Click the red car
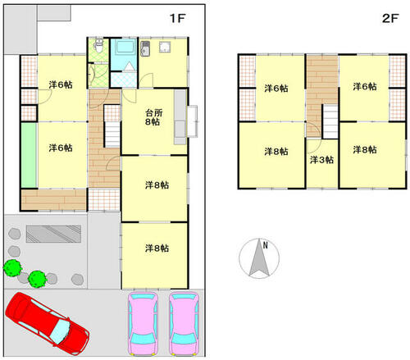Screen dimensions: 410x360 tap(47, 323)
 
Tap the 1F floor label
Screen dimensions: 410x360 tap(178, 18)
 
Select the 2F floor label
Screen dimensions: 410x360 tap(390, 18)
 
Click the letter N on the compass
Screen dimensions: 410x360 tap(265, 245)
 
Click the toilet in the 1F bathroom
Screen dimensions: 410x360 tap(98, 45)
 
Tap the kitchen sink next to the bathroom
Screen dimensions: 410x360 tap(145, 48)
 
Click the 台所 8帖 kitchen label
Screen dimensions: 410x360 tap(153, 117)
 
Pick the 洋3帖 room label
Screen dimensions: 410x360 tap(321, 160)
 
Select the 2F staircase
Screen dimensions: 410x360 tap(330, 121)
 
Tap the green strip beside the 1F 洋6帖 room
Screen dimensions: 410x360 tap(29, 155)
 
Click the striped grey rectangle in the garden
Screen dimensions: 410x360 tap(53, 234)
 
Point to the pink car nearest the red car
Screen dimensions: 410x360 tap(143, 323)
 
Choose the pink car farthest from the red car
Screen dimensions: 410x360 tap(184, 323)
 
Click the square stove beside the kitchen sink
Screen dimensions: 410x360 tap(165, 47)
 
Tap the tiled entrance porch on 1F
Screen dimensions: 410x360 tap(104, 199)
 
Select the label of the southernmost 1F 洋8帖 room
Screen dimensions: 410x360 tap(157, 248)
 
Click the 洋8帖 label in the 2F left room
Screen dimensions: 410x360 tap(276, 152)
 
